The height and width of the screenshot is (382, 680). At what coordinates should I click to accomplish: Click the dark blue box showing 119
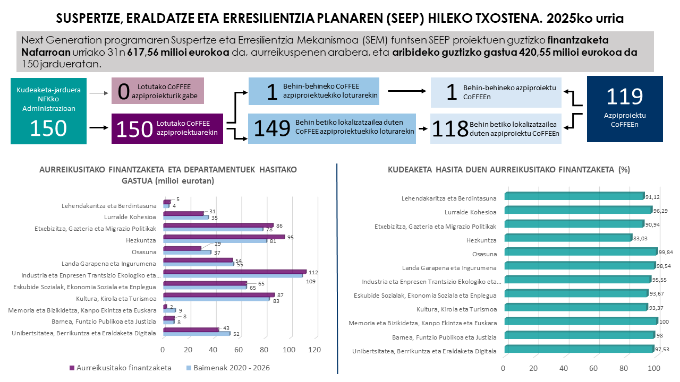coord(625,109)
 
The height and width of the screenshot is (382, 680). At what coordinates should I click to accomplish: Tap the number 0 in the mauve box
coord(124,91)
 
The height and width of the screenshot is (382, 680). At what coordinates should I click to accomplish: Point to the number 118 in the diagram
coord(449,129)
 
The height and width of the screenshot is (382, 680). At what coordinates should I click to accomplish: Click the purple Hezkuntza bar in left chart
coord(224,237)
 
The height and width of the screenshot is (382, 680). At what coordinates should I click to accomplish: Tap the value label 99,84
coord(666,252)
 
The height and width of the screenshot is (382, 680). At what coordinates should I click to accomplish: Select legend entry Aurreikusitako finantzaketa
coord(120,368)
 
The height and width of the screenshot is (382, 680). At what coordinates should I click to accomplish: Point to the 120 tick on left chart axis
coord(314,350)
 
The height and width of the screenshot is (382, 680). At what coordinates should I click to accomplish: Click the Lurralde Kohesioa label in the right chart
coord(470,212)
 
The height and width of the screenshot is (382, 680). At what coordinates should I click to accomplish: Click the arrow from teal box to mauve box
coord(98,93)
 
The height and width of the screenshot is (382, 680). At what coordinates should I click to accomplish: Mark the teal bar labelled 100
coord(581,320)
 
